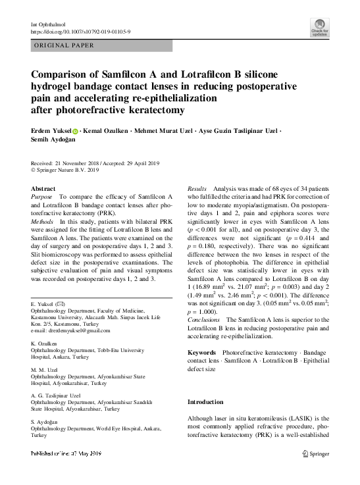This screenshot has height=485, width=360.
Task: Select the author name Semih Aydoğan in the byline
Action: (53, 141)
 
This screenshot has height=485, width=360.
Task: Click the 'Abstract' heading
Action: (43, 189)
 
